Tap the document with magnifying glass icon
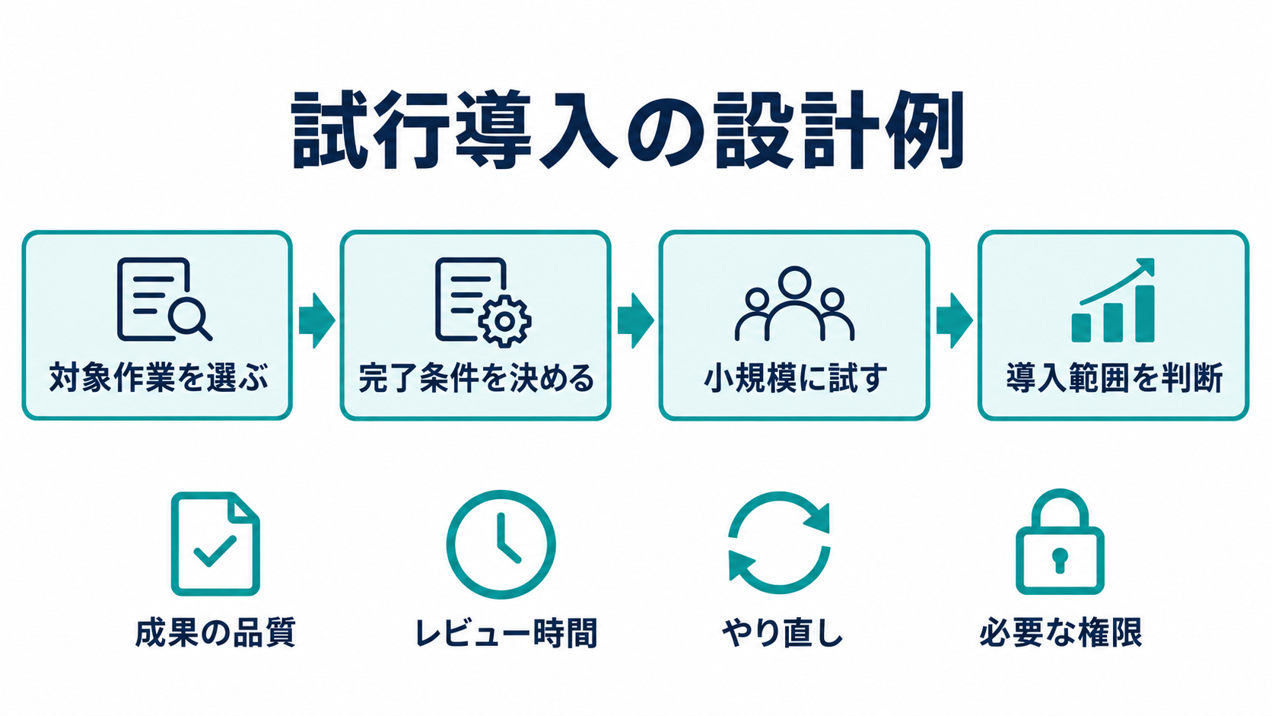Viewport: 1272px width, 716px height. pyautogui.click(x=164, y=299)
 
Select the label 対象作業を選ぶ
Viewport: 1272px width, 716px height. pyautogui.click(x=158, y=378)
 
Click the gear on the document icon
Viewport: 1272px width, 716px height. pyautogui.click(x=504, y=321)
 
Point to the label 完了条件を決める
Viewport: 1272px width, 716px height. pyautogui.click(x=476, y=378)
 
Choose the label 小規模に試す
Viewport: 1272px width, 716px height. pyautogui.click(x=795, y=378)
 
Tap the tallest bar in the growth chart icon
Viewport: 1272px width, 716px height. pyautogui.click(x=1145, y=313)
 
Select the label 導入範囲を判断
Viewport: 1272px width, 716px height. pyautogui.click(x=1114, y=378)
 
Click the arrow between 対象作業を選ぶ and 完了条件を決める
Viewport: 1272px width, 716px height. pyautogui.click(x=317, y=321)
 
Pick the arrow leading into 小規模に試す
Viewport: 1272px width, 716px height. pyautogui.click(x=635, y=321)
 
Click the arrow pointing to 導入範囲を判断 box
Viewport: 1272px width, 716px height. pyautogui.click(x=954, y=321)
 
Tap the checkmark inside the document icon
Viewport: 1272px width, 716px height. pyautogui.click(x=214, y=551)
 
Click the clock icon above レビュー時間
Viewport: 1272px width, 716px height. pyautogui.click(x=501, y=545)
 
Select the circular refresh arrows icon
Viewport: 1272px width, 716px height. pyautogui.click(x=779, y=543)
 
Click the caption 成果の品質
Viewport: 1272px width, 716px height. pyautogui.click(x=215, y=632)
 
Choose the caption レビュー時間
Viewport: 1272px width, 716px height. pyautogui.click(x=506, y=632)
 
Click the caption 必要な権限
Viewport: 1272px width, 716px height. pyautogui.click(x=1061, y=632)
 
